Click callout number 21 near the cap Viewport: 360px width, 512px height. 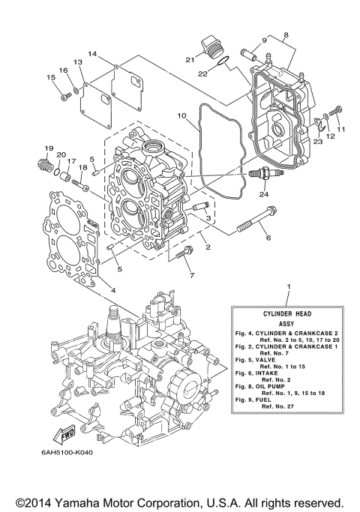tap(190, 60)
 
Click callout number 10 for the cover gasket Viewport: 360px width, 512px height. tap(181, 115)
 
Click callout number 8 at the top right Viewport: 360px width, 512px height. tap(286, 34)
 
